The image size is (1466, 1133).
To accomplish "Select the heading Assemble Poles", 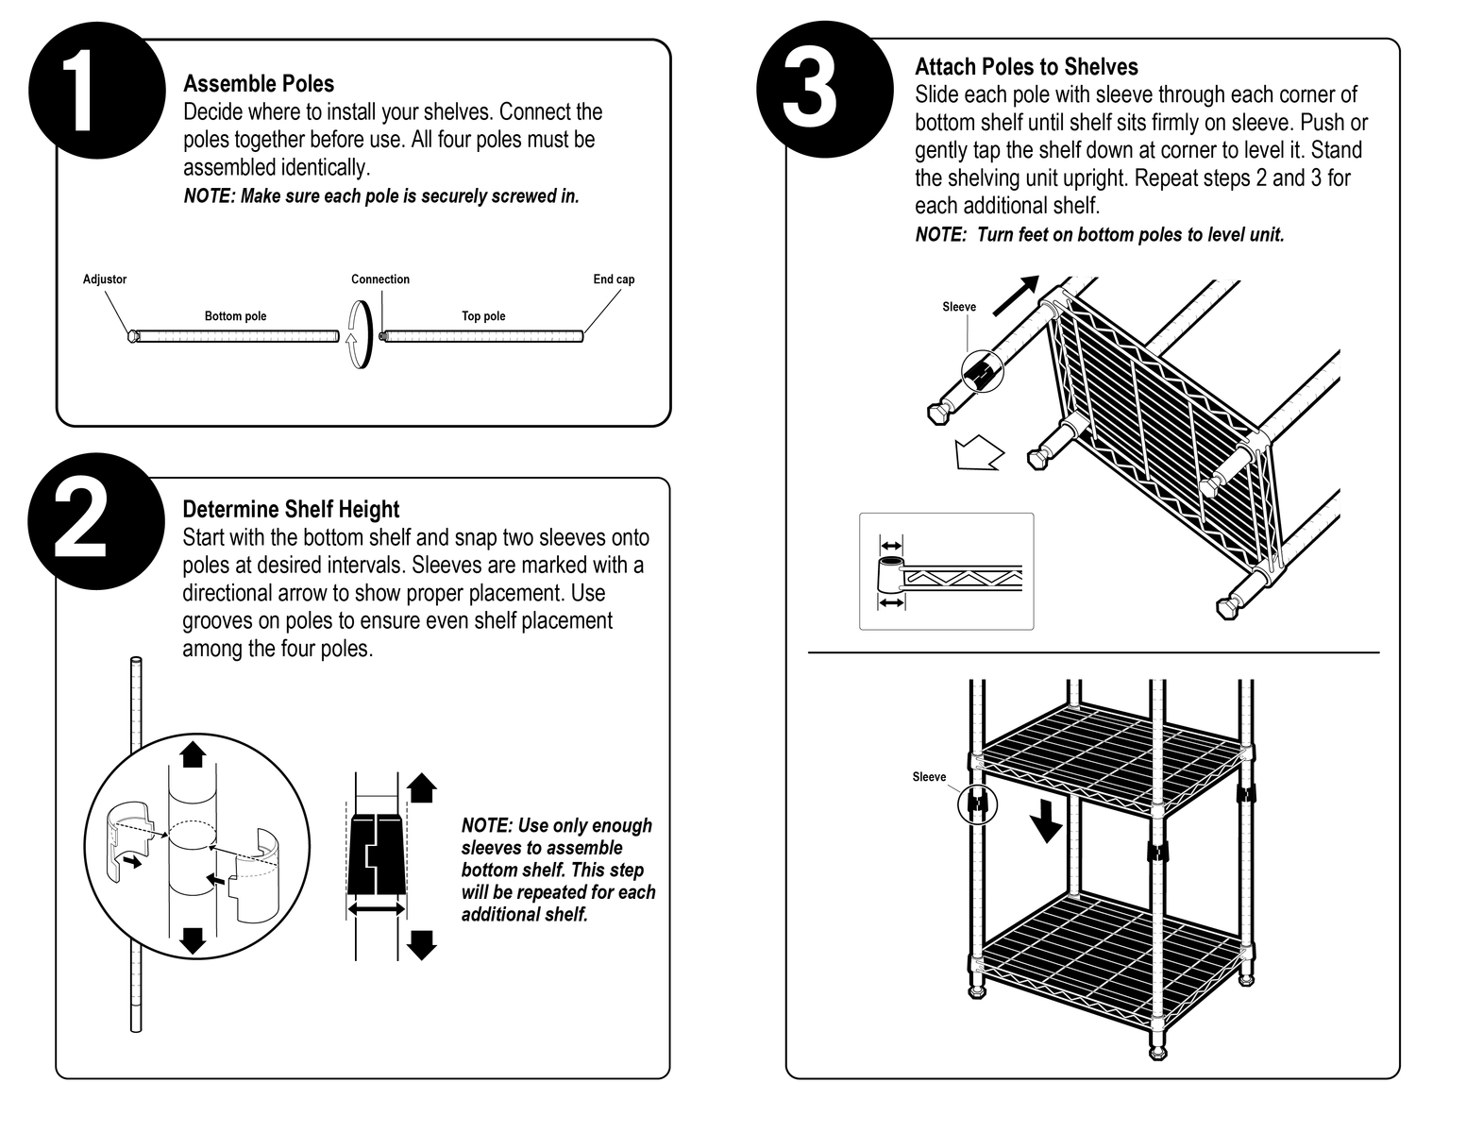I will [x=259, y=84].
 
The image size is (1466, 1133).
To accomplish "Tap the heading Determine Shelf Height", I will [x=291, y=510].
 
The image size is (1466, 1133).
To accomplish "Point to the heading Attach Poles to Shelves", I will [x=1026, y=67].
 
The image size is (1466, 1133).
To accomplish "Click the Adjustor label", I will [x=105, y=279].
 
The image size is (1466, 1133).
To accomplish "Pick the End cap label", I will [x=614, y=279].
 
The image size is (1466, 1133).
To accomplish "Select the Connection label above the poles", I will [x=380, y=279].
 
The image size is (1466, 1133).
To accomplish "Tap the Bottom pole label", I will [x=235, y=316].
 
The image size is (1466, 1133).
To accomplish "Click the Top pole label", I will [x=483, y=316].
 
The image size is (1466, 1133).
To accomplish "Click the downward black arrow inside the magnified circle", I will [x=193, y=939].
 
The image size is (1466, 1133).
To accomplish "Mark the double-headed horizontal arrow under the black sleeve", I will [x=376, y=907].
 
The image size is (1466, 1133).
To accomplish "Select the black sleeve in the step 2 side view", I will [x=377, y=854].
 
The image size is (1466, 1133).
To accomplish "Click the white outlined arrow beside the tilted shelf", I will [x=978, y=452].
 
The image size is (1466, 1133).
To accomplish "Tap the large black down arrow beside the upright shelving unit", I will [x=1045, y=820].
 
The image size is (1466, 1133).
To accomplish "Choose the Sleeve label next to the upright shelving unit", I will [x=929, y=777].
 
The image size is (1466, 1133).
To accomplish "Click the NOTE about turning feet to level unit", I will [x=1100, y=235].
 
